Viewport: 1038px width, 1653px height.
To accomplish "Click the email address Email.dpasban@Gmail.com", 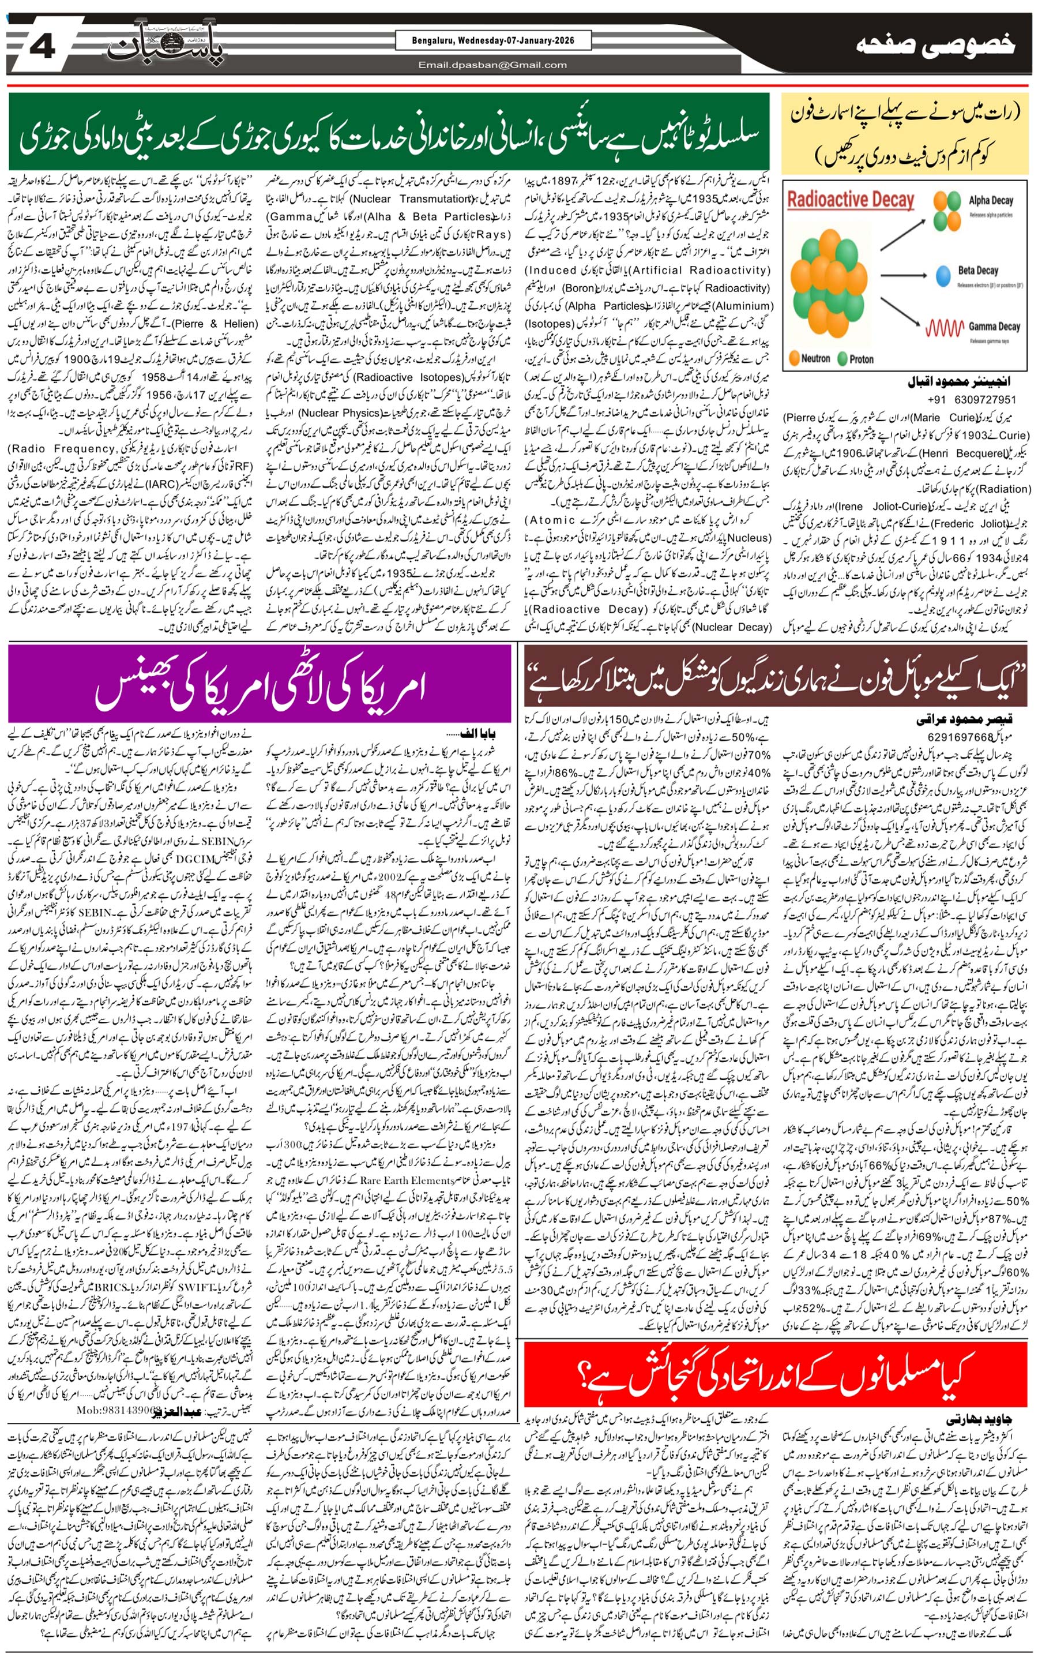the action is (x=492, y=65).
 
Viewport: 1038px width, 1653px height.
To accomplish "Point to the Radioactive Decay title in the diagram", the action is (x=850, y=200).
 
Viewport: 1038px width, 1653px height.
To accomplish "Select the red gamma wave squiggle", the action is (x=945, y=329).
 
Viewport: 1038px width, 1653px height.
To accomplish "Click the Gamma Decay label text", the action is (x=994, y=328).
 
